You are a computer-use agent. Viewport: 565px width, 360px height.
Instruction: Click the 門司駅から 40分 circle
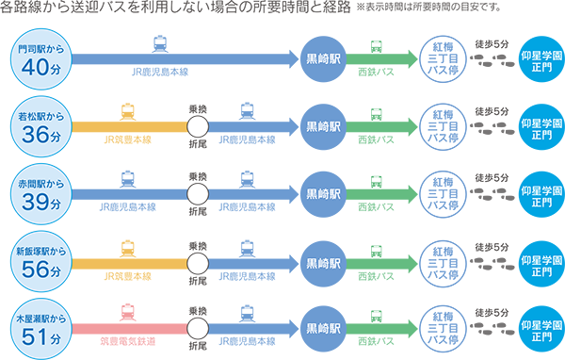[41, 59]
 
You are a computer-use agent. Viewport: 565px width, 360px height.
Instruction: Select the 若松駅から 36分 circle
[41, 126]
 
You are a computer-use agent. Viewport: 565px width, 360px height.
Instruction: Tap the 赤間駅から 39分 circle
[41, 194]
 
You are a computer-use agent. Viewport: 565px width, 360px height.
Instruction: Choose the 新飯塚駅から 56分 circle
[41, 262]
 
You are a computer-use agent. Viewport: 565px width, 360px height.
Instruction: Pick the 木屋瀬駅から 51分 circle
[41, 329]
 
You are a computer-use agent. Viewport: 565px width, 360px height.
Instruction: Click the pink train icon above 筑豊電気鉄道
[128, 313]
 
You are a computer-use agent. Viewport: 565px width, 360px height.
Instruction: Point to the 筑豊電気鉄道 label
[127, 341]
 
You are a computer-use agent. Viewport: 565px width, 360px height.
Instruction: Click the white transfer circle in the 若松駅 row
[198, 127]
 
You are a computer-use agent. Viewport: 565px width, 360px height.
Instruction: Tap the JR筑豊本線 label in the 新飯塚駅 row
[127, 276]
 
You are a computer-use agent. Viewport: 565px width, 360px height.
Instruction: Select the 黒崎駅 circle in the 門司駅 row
[323, 59]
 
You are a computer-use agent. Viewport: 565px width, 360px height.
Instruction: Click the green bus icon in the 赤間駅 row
[376, 182]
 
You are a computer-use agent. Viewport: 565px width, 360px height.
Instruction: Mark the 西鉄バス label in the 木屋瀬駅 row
[376, 341]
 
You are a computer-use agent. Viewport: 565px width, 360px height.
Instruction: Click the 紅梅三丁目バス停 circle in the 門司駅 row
[443, 59]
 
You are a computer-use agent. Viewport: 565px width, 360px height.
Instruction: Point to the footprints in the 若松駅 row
[492, 128]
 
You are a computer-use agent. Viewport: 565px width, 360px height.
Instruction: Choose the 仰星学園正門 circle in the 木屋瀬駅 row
[541, 329]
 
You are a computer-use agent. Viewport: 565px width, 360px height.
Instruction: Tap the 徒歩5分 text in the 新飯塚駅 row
[492, 247]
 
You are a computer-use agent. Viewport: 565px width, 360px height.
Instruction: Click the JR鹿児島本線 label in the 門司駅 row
[160, 72]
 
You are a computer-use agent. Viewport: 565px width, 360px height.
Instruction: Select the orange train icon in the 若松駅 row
[128, 112]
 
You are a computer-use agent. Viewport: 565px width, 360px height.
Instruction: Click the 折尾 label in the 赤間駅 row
[198, 211]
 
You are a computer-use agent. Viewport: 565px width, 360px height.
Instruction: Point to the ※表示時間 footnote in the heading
[428, 8]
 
